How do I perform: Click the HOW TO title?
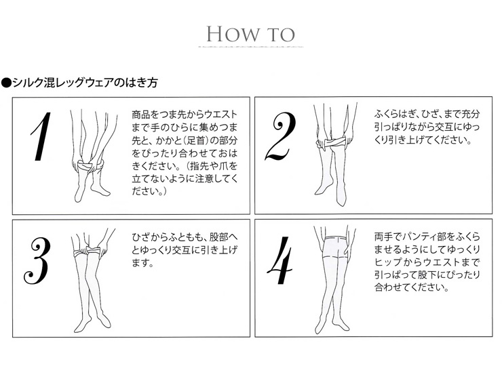point(251,34)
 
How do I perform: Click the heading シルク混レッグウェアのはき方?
point(85,83)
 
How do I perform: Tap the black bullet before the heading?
point(6,83)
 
